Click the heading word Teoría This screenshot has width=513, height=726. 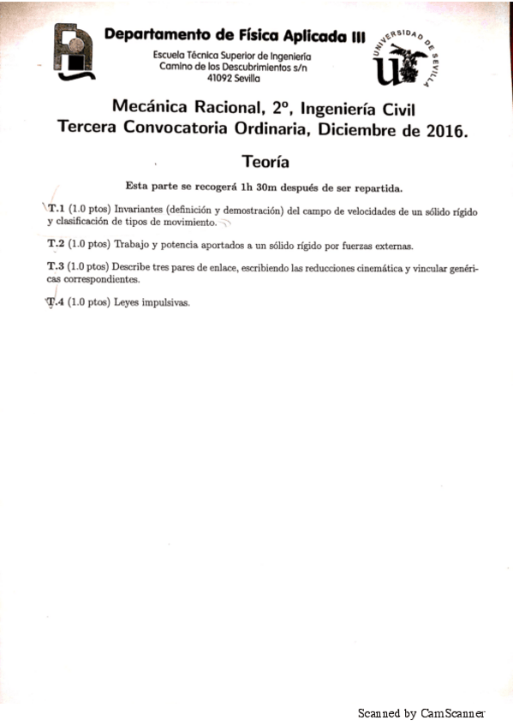265,161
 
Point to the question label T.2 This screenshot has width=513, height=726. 56,244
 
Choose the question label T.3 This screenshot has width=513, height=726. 56,267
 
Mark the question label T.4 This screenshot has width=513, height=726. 56,302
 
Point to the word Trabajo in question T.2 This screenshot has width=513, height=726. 134,244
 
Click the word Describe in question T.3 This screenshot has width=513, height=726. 134,267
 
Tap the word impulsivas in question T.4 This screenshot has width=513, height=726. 167,302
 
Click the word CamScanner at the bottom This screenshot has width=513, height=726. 453,712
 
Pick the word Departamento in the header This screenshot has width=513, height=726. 157,35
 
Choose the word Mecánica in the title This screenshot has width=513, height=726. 150,109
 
